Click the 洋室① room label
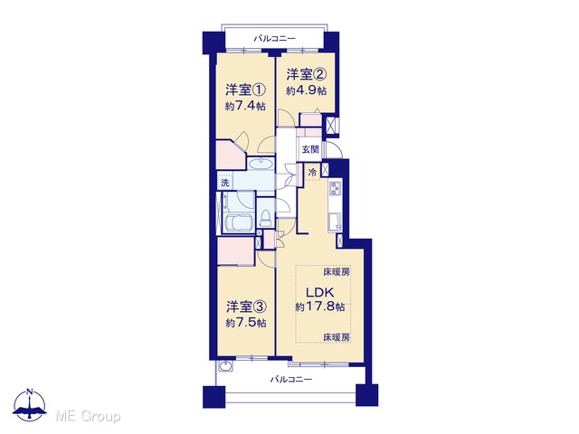pyautogui.click(x=245, y=90)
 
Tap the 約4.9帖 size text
pyautogui.click(x=306, y=90)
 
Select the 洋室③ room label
pyautogui.click(x=246, y=307)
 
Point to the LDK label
pyautogui.click(x=320, y=293)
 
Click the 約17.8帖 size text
pyautogui.click(x=320, y=307)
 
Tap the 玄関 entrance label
pyautogui.click(x=310, y=149)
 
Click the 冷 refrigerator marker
pyautogui.click(x=312, y=173)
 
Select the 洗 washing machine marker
pyautogui.click(x=225, y=183)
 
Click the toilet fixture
pyautogui.click(x=265, y=218)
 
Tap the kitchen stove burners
pyautogui.click(x=336, y=188)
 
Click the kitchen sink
pyautogui.click(x=335, y=222)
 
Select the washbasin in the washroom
pyautogui.click(x=261, y=164)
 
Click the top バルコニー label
pyautogui.click(x=274, y=38)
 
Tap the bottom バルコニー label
pyautogui.click(x=291, y=380)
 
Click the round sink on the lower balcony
pyautogui.click(x=225, y=365)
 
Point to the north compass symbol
pyautogui.click(x=30, y=405)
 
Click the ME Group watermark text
pyautogui.click(x=88, y=417)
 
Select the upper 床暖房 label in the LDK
pyautogui.click(x=337, y=272)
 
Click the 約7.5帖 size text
pyautogui.click(x=246, y=323)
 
